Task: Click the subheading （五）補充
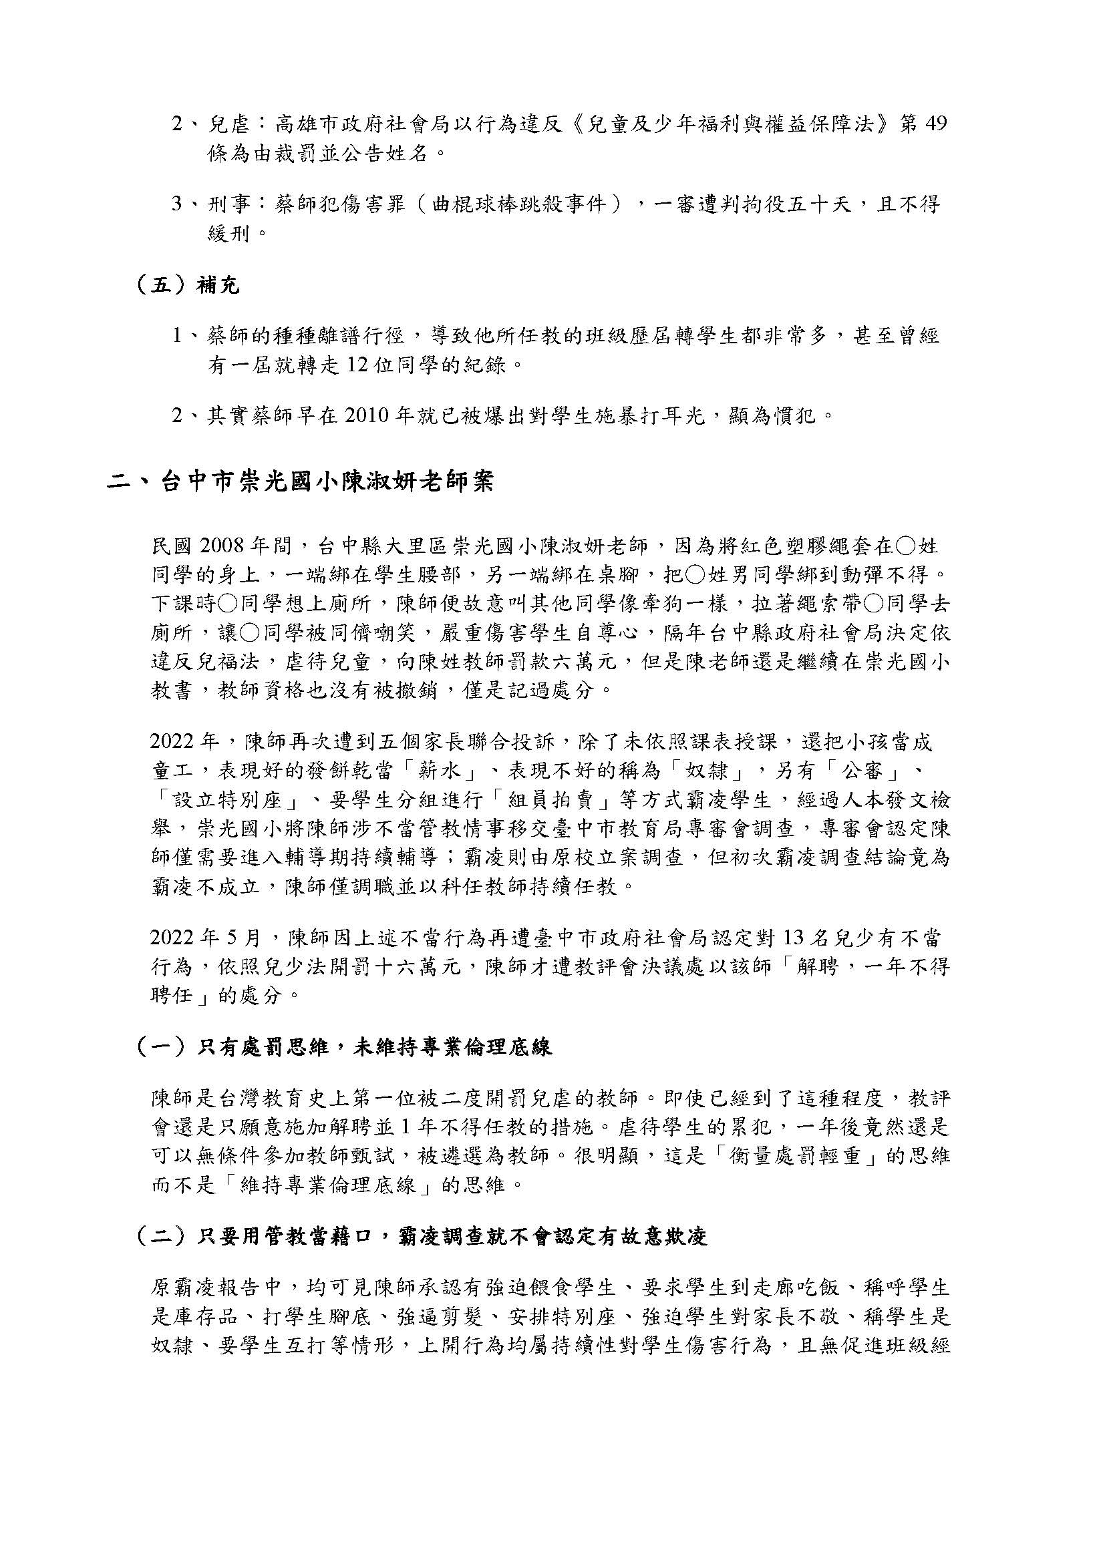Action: (188, 285)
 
